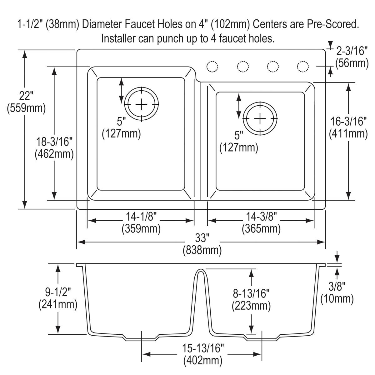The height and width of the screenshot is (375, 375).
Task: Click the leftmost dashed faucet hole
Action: pos(212,67)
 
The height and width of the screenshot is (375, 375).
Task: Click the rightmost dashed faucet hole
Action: pos(302,67)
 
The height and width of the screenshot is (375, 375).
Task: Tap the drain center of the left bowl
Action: pos(142,104)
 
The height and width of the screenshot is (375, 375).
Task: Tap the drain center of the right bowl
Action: pos(260,118)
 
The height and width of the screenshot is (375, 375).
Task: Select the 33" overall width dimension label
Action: pos(202,238)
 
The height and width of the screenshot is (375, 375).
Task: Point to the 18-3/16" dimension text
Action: pos(54,142)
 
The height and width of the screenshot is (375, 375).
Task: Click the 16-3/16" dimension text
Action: pos(348,121)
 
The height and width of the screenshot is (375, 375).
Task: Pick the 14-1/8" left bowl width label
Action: pos(141,216)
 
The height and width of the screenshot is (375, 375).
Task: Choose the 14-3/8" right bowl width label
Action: pos(261,216)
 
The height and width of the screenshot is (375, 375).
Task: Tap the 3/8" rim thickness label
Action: pos(337,286)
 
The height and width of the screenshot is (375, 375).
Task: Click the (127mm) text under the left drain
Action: pos(121,134)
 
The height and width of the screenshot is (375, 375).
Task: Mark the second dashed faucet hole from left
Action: pos(243,67)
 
